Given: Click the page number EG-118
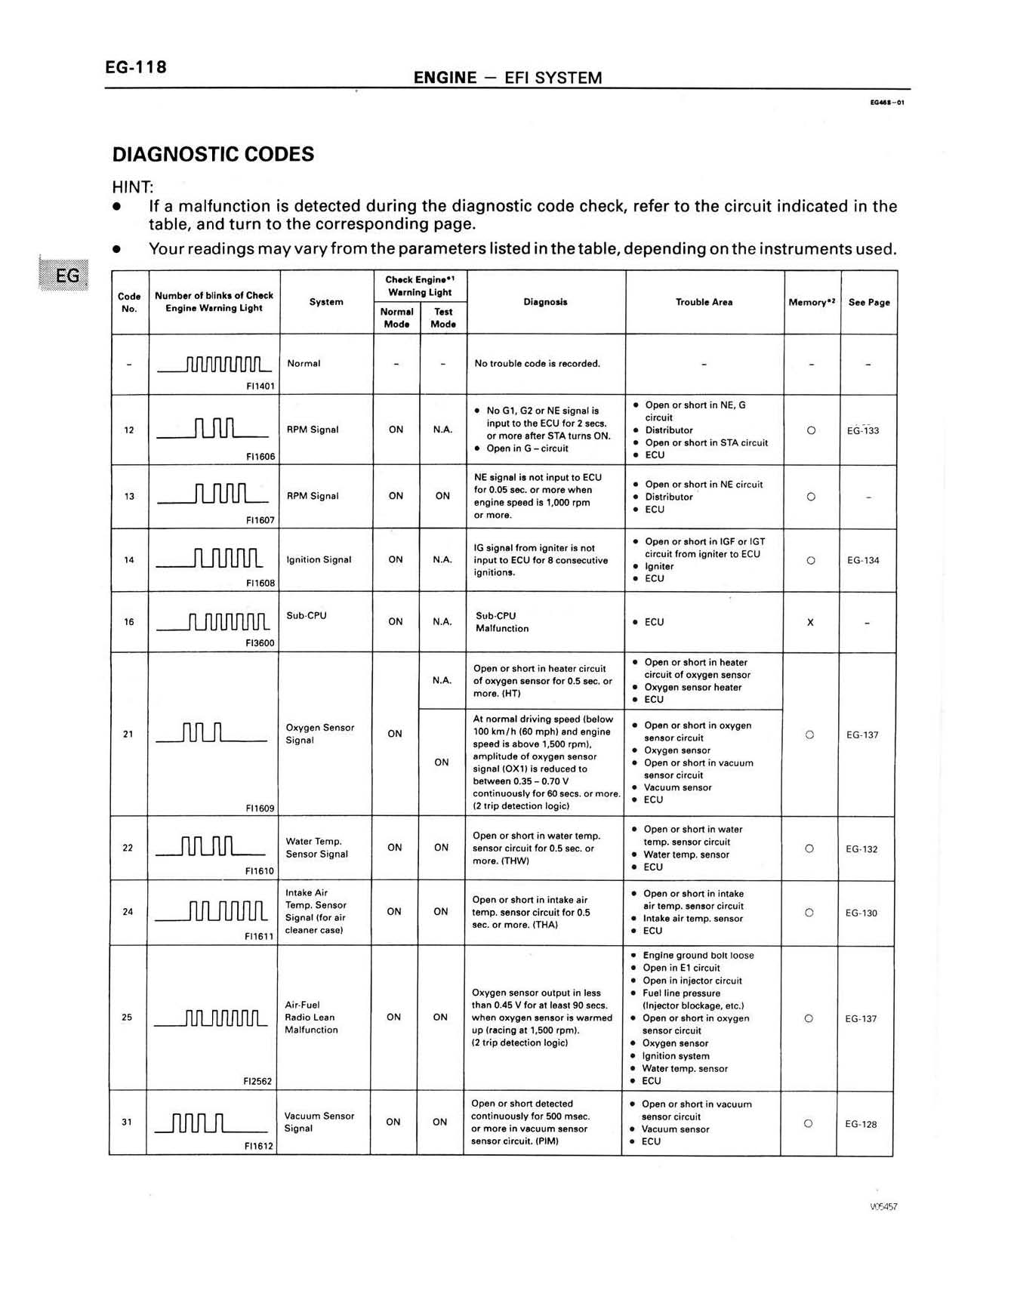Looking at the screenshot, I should (x=136, y=67).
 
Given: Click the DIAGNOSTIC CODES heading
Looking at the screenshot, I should (x=213, y=155).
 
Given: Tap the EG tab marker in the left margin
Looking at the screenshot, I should (x=66, y=275).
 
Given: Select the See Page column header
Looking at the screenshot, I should (x=869, y=303).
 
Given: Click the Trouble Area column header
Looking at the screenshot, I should (x=704, y=302).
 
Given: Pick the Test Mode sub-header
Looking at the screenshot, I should (x=443, y=318).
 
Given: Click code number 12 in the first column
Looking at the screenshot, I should (x=129, y=430).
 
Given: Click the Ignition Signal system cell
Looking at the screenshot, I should (x=319, y=560).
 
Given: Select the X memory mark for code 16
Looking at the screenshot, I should (x=810, y=623).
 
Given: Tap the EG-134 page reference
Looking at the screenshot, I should (x=863, y=560).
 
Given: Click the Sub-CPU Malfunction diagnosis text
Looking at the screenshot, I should (x=502, y=622).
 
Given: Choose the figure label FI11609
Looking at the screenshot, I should (x=260, y=808).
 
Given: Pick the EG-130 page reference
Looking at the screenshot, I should (x=861, y=913).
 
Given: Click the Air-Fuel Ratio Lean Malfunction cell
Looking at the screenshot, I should (x=311, y=1018).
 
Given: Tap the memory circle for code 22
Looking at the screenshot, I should (x=809, y=848).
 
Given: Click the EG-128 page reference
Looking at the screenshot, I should (x=861, y=1124).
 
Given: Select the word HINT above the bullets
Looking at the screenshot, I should (x=132, y=186).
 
